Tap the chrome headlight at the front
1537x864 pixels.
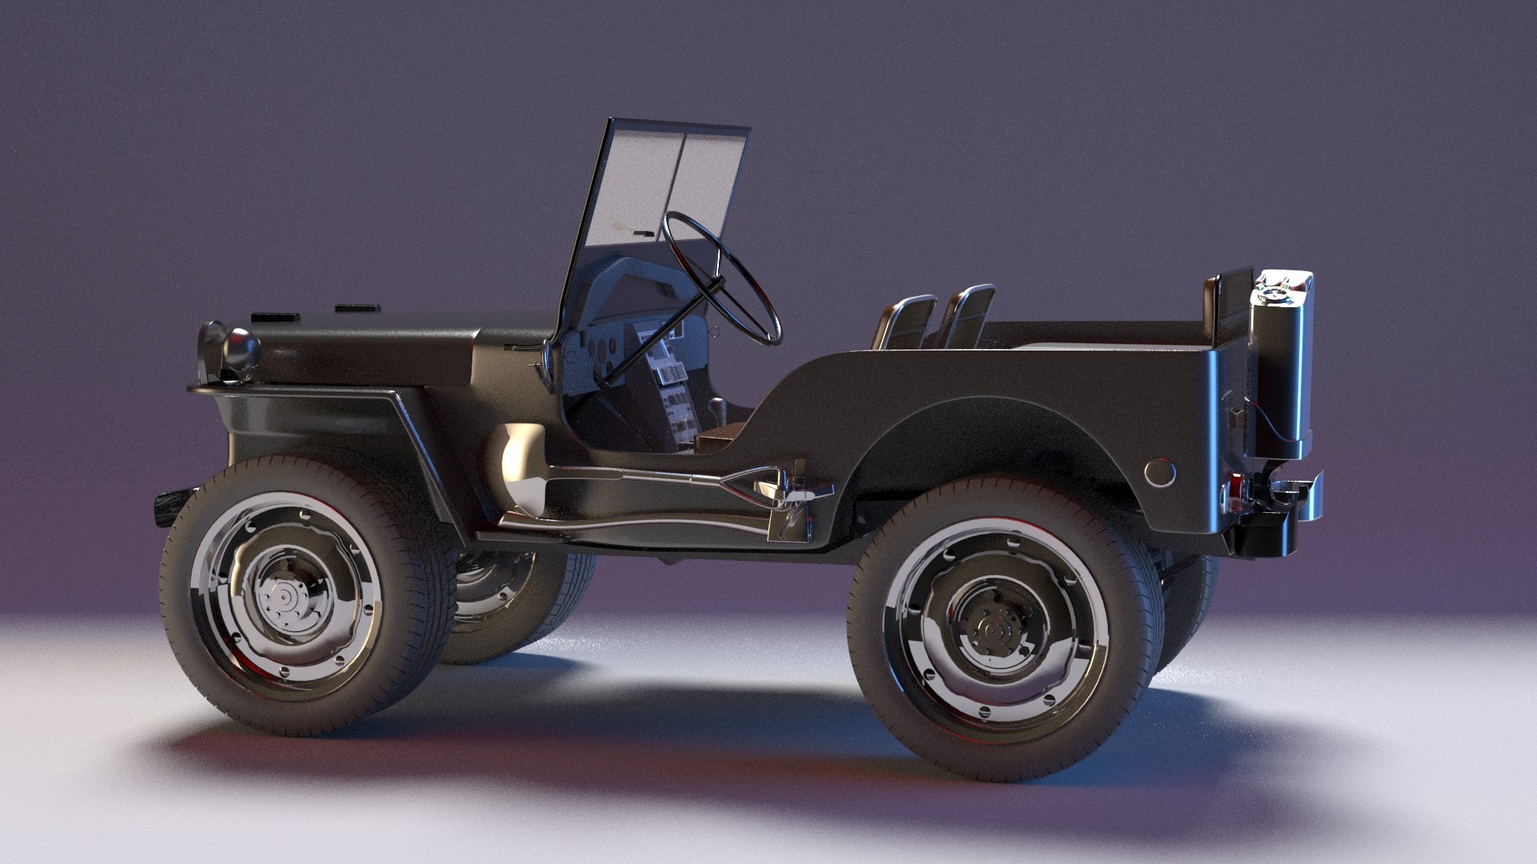pos(241,347)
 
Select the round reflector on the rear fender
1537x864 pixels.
pos(1160,473)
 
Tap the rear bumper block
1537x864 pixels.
pos(1265,532)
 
